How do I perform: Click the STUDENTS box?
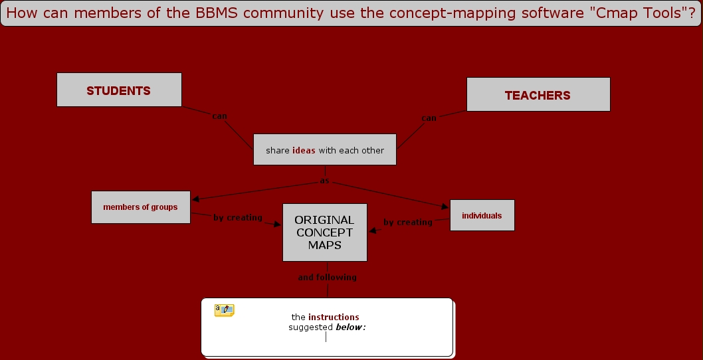(119, 90)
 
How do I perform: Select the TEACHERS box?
(538, 95)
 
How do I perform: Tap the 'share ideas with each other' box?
(325, 150)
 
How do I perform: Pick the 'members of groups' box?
(140, 207)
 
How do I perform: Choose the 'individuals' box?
(482, 216)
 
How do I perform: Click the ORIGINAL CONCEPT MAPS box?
(324, 232)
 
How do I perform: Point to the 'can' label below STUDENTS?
(219, 116)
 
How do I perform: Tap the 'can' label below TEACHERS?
(429, 118)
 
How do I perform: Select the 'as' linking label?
(325, 181)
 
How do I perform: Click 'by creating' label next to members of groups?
(238, 218)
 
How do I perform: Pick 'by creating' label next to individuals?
(408, 223)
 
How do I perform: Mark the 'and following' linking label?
(327, 278)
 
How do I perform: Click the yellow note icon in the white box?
(224, 310)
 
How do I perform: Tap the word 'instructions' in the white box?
(334, 317)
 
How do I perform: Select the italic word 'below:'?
(351, 327)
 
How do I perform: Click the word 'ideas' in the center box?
(304, 150)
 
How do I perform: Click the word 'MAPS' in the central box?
(324, 245)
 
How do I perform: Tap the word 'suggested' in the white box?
(310, 327)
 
